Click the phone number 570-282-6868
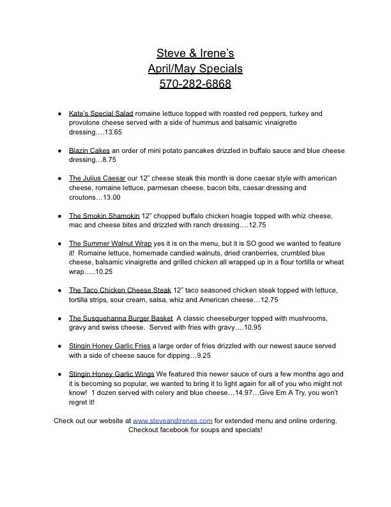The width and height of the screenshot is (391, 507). (195, 84)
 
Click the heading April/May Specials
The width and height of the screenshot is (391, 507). (195, 68)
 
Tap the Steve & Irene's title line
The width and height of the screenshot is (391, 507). (195, 52)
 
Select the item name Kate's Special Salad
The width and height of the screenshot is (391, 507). (101, 113)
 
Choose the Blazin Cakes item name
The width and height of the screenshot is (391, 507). (89, 150)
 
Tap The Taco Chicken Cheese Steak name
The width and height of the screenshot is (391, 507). (120, 290)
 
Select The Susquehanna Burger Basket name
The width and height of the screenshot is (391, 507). (120, 318)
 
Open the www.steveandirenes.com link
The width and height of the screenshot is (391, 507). (172, 421)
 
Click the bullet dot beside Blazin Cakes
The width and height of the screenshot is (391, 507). (59, 151)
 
